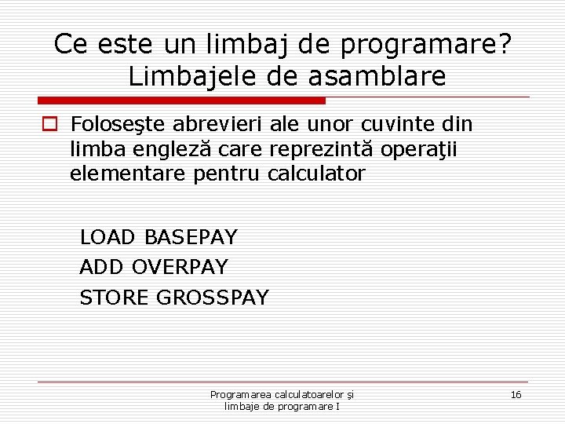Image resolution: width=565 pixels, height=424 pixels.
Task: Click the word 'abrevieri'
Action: click(214, 125)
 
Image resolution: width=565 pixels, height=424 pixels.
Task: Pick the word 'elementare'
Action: click(128, 174)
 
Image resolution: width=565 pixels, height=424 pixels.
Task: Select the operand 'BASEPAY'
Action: click(191, 236)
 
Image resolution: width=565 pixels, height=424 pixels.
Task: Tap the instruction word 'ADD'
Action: click(102, 267)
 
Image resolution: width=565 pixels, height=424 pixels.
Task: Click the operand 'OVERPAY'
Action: click(180, 267)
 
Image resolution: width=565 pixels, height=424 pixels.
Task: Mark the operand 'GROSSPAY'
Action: click(213, 298)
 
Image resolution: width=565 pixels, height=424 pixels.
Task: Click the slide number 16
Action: click(516, 394)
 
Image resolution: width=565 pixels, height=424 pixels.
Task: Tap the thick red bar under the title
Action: click(181, 101)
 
